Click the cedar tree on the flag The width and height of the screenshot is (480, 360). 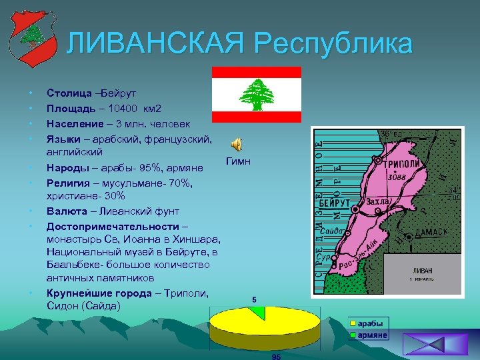click(256, 95)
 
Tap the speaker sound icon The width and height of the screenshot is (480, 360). click(237, 145)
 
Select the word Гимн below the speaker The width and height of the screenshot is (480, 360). click(238, 161)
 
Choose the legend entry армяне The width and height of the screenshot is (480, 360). click(372, 335)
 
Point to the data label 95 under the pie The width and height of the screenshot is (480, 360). click(276, 356)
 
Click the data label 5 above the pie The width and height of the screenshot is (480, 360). click(255, 299)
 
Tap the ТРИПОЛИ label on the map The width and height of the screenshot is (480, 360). click(402, 164)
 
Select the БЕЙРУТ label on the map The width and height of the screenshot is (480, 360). click(334, 202)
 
